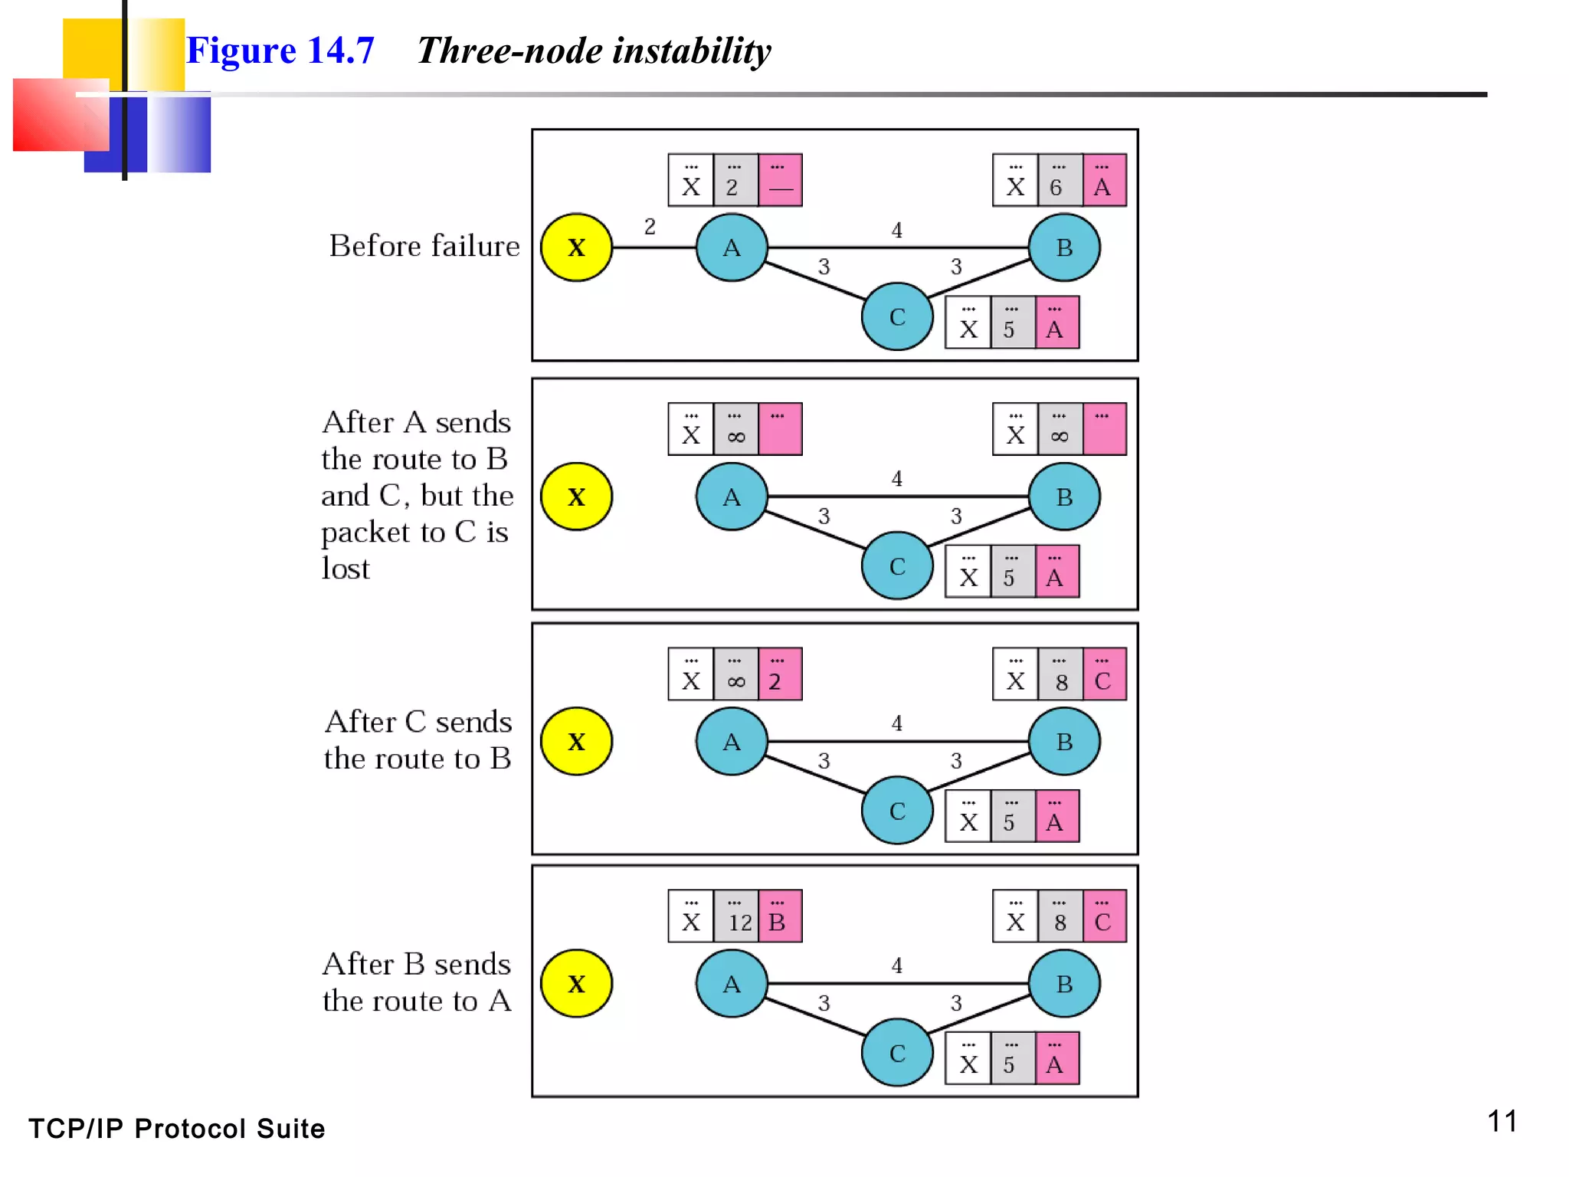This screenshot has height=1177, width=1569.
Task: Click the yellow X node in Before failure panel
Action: click(x=576, y=248)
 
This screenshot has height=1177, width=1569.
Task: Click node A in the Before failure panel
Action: click(x=732, y=248)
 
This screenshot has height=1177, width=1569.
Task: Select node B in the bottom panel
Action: click(x=1064, y=984)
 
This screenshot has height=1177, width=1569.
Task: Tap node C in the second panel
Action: click(x=897, y=566)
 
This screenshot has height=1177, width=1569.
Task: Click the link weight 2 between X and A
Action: click(x=650, y=227)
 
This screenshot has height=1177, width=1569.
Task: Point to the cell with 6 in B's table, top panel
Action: click(x=1060, y=181)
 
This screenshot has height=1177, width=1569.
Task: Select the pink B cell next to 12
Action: click(x=780, y=916)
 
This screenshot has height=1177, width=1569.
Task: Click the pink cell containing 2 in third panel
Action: click(x=780, y=675)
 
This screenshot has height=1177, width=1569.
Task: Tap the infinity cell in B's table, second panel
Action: click(x=1060, y=430)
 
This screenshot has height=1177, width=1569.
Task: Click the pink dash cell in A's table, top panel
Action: click(x=780, y=181)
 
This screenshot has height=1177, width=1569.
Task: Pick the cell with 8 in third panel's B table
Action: click(x=1060, y=675)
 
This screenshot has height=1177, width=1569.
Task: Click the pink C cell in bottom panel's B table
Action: click(x=1104, y=916)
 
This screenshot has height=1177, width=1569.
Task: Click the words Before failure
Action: click(x=424, y=246)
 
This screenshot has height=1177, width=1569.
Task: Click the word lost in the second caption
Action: click(x=346, y=569)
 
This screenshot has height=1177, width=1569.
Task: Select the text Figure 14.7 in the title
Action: click(x=280, y=51)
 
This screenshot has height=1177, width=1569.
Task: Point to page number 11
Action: click(x=1502, y=1121)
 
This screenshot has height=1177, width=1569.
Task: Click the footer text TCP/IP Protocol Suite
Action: click(x=177, y=1129)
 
